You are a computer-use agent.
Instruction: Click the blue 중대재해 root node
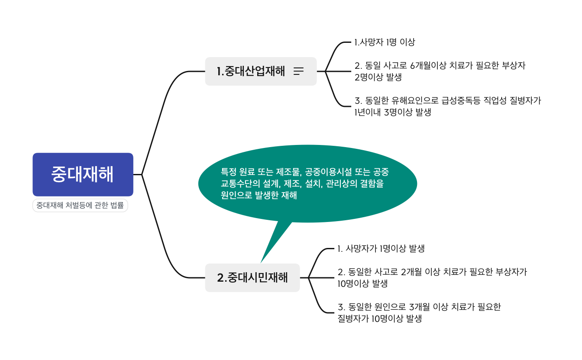(x=83, y=174)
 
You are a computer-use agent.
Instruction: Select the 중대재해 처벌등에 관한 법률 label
(x=80, y=206)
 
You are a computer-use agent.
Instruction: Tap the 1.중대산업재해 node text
(x=251, y=71)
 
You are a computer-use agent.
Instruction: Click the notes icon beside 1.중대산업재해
(x=299, y=71)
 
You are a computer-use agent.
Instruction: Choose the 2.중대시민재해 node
(x=252, y=278)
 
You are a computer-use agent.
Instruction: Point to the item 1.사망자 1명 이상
(x=385, y=42)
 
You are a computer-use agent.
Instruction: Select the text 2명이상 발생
(x=378, y=77)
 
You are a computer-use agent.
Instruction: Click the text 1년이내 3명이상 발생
(x=393, y=112)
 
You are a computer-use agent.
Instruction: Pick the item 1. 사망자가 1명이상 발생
(x=381, y=249)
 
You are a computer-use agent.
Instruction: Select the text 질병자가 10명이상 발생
(x=380, y=319)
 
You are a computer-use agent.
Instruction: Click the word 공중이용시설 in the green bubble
(x=330, y=172)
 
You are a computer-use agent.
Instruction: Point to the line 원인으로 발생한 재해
(x=259, y=195)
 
